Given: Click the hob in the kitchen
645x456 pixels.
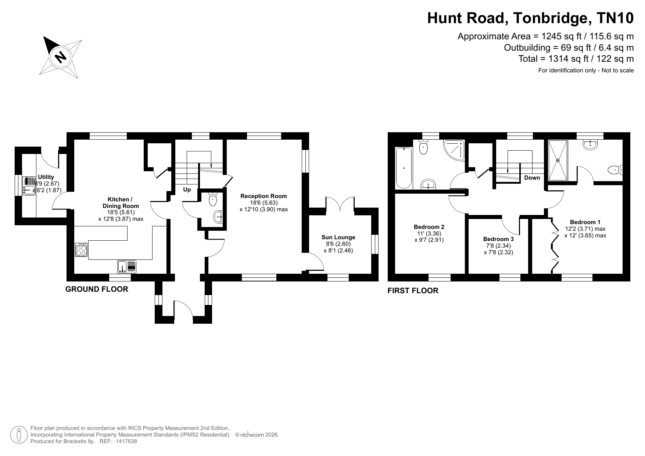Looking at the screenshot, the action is point(81,250).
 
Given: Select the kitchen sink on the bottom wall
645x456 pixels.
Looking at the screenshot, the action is point(127,266).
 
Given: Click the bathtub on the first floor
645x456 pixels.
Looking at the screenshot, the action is point(404,168).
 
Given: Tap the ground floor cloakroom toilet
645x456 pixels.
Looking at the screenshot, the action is point(213,199).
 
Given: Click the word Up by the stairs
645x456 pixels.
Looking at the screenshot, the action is point(187,190).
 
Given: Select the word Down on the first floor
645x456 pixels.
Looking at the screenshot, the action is point(532,178).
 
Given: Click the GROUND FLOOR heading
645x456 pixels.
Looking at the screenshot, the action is point(97,289).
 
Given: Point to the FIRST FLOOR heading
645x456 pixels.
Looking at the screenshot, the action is point(413,291).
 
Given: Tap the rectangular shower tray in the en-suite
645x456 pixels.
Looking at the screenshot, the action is point(558,160).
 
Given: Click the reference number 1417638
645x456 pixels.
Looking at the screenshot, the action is point(126,441).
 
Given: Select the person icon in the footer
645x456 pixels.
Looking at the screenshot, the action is point(19,435).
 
